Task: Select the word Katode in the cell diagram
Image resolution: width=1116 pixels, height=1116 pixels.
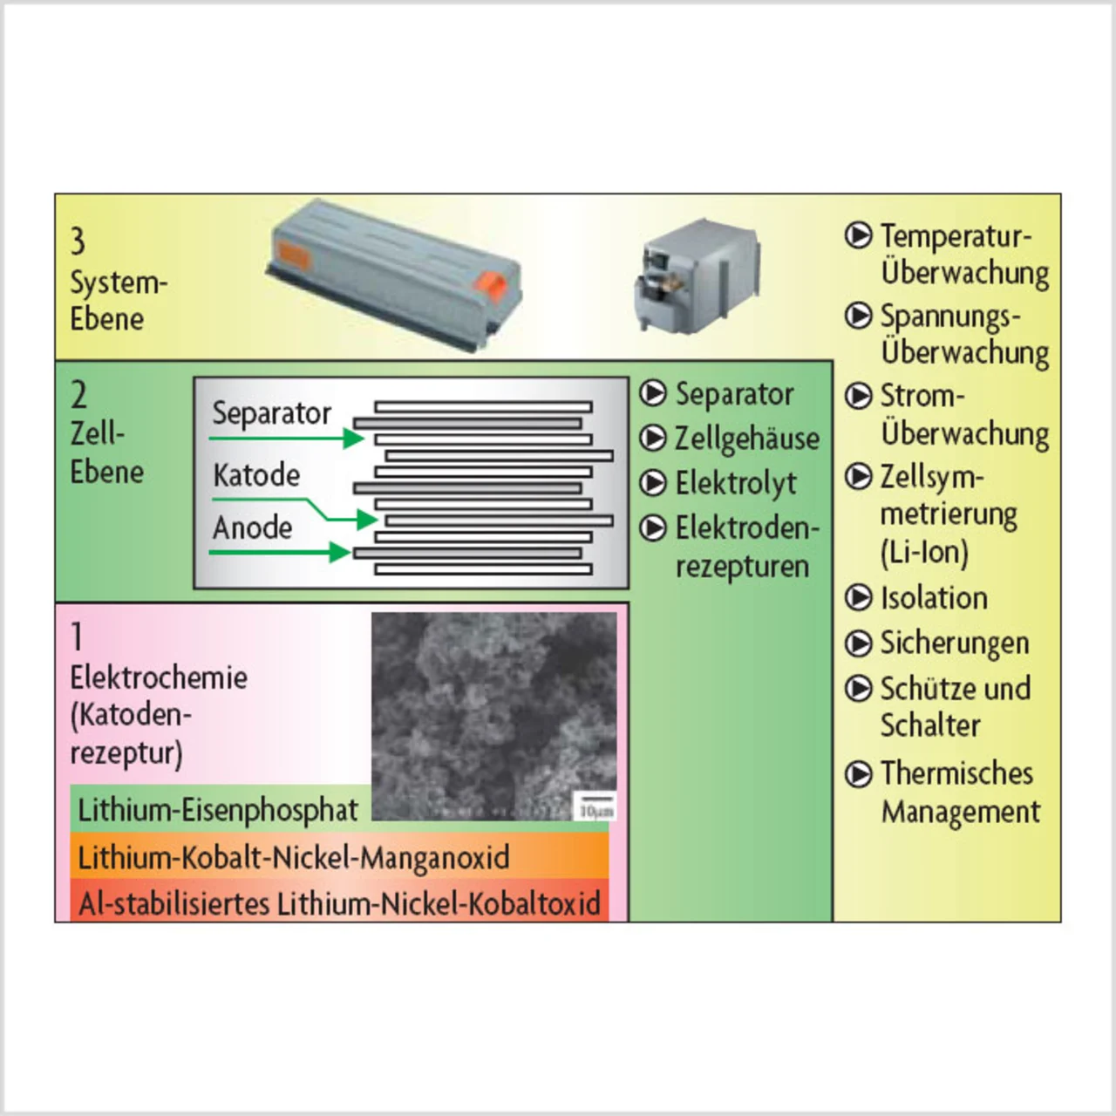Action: coord(256,475)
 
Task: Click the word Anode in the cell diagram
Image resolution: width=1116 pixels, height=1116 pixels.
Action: coord(252,527)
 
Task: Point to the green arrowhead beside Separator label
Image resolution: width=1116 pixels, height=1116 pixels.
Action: coord(354,438)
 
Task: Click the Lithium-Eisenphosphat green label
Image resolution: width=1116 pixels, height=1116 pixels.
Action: coord(218,810)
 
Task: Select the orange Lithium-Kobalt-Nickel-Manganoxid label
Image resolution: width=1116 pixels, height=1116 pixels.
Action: coord(294,857)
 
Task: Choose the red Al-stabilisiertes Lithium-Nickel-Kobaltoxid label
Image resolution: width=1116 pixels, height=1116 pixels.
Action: coord(339,903)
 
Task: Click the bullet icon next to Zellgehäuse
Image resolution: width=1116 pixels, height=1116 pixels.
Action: coord(653,438)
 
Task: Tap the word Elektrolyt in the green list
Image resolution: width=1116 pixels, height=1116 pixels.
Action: coord(736,482)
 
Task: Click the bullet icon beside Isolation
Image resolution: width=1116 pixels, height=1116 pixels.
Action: coord(859,597)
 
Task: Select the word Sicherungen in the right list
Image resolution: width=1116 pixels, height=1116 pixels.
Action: coord(955,643)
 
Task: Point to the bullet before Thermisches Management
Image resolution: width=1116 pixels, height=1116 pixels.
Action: coord(859,773)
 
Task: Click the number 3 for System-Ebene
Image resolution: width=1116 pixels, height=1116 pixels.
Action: coord(78,242)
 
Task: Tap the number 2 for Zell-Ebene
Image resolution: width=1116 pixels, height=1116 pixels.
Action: coord(78,395)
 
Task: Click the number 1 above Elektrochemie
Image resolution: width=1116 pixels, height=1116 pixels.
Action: coord(78,636)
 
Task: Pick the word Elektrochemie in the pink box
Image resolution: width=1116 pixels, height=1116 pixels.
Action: coord(159,677)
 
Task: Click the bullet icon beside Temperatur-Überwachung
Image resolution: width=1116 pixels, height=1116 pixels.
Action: coord(859,235)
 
